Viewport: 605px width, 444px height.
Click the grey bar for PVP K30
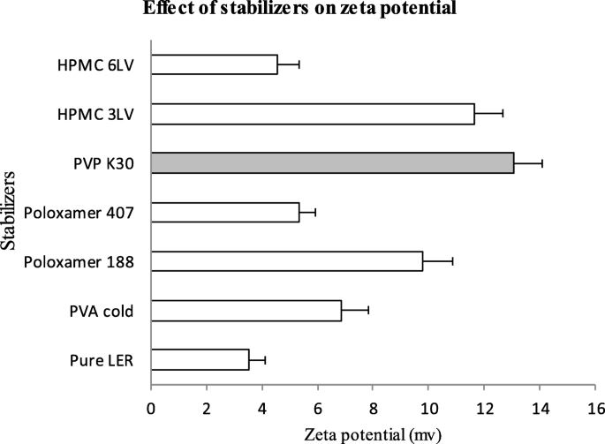[x=332, y=163]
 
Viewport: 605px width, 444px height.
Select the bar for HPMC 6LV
[x=214, y=64]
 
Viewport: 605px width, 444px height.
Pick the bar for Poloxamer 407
[x=225, y=212]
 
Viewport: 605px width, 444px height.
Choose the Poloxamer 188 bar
[x=287, y=261]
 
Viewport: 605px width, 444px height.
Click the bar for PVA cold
[x=246, y=311]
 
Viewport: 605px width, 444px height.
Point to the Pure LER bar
[x=200, y=359]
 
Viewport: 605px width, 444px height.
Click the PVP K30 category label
[x=105, y=163]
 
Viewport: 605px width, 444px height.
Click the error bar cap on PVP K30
[x=541, y=163]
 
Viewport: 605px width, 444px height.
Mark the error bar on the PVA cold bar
[x=355, y=311]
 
